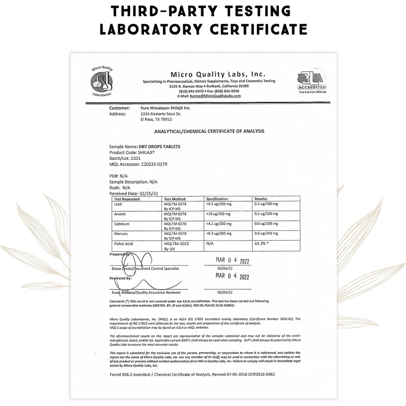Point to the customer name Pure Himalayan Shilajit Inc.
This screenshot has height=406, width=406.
[165, 108]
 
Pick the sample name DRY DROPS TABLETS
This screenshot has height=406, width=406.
[159, 146]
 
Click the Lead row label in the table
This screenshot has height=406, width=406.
[118, 204]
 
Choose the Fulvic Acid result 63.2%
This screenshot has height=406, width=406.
[262, 244]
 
